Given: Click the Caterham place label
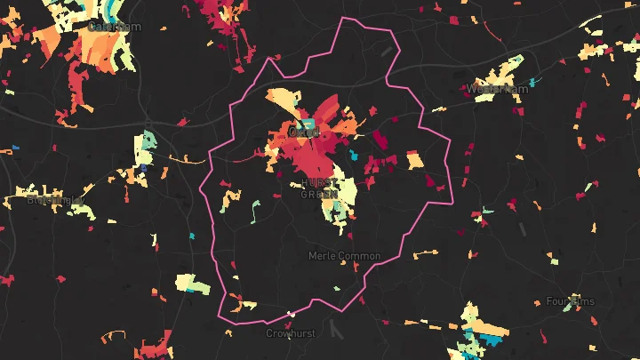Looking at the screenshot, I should coord(115,27).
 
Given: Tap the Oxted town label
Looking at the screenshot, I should coord(304,132).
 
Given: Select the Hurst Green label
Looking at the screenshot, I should coord(318,188).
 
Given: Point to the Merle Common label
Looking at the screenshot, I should coord(344,256).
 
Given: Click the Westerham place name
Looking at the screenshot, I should coord(497,89).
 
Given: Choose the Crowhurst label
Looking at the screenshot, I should coord(291,333).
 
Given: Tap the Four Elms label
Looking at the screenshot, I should coord(570,301).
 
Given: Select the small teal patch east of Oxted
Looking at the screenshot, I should coord(354,156).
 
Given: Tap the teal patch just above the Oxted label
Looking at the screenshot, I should coord(309,123).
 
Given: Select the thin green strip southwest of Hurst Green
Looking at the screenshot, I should coord(255,212).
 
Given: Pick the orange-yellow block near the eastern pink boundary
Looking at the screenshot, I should coord(415,161).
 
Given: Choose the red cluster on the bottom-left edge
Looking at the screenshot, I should coord(7,280).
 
